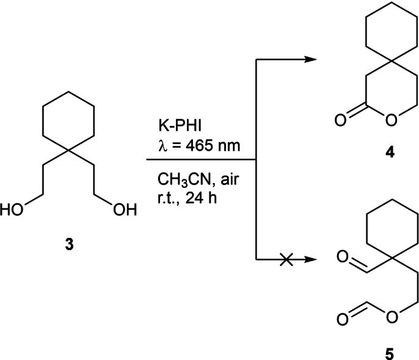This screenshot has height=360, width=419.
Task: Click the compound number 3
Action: (x=69, y=245)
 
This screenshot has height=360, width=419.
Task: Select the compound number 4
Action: (x=390, y=153)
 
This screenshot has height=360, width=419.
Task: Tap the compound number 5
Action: (x=389, y=354)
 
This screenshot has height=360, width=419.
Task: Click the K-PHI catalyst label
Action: (x=180, y=126)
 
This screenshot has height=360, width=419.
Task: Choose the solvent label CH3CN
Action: (x=184, y=179)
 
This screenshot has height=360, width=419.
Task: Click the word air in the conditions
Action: (x=230, y=179)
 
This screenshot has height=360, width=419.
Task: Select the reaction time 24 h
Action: (x=201, y=198)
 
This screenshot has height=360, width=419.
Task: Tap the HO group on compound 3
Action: (x=12, y=209)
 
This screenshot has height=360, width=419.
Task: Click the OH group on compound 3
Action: (x=125, y=209)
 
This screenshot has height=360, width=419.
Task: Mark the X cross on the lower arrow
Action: (x=286, y=259)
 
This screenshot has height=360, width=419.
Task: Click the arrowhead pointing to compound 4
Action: (x=310, y=60)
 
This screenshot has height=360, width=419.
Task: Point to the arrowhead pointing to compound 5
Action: (x=310, y=259)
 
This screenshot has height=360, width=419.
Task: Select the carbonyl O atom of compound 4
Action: (x=340, y=120)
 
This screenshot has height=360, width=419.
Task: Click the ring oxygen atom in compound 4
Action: (x=391, y=120)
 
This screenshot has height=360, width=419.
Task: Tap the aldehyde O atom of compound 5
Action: (x=343, y=256)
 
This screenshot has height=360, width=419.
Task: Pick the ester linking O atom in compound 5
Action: (x=392, y=317)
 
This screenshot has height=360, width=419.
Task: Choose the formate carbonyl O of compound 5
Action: (x=342, y=319)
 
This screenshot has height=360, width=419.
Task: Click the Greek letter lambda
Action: (x=162, y=146)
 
